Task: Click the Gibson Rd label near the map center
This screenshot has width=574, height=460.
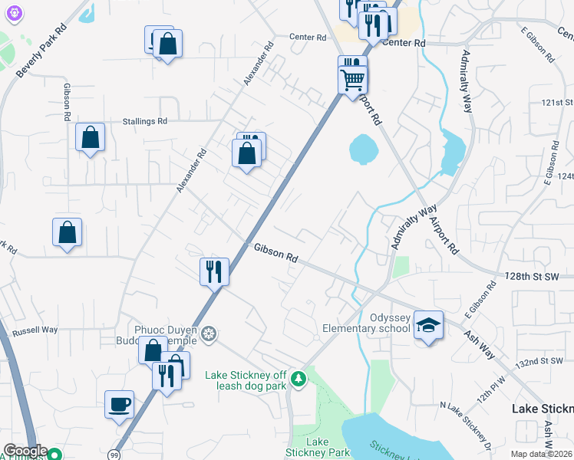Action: [x=276, y=254]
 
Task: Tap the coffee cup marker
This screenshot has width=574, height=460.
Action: [x=119, y=404]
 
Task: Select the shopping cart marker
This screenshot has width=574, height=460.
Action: [x=353, y=77]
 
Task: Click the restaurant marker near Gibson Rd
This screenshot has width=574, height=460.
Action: [x=214, y=271]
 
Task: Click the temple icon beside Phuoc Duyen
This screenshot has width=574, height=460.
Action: [x=209, y=334]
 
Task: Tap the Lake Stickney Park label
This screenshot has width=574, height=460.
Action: [x=328, y=448]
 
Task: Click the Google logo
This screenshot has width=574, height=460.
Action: [x=25, y=451]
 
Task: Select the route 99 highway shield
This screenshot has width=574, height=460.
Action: [x=112, y=454]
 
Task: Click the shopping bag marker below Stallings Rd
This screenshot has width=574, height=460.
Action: [x=91, y=138]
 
